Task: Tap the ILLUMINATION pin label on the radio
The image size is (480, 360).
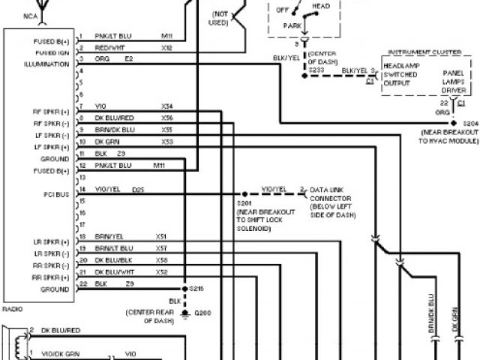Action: tap(47, 64)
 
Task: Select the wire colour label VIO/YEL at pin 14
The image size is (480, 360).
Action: tap(109, 190)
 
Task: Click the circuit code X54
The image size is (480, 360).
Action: tap(167, 106)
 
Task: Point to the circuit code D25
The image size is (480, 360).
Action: tap(138, 190)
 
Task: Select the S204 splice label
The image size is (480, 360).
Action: tap(470, 121)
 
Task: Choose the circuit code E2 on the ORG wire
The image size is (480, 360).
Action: tap(128, 58)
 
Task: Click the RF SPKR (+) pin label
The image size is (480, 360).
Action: tap(51, 110)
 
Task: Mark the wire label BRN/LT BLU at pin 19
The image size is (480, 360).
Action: tap(113, 247)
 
